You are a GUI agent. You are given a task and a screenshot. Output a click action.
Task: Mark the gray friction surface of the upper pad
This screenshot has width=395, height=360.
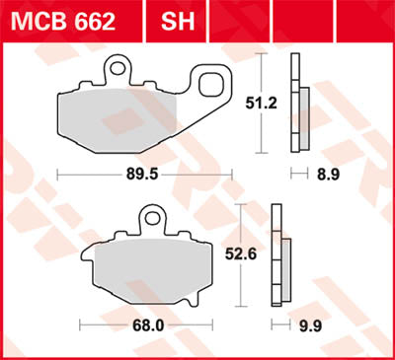pyautogui.click(x=118, y=119)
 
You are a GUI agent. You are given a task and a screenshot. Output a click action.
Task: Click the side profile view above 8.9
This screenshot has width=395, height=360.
pyautogui.click(x=298, y=104)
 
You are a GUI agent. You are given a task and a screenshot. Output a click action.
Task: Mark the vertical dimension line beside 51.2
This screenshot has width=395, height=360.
pyautogui.click(x=261, y=102)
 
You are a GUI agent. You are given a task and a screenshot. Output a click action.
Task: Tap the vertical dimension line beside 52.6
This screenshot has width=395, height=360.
pyautogui.click(x=242, y=253)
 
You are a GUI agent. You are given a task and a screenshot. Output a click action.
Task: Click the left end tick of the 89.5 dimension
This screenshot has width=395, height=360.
pyautogui.click(x=58, y=172)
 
